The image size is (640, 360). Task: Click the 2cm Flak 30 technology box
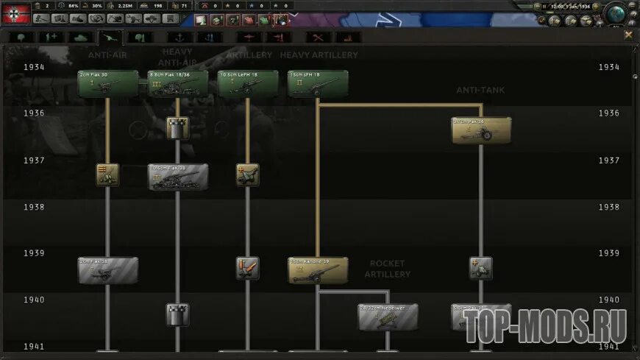tap(107, 84)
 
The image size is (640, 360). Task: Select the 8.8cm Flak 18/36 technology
tap(177, 84)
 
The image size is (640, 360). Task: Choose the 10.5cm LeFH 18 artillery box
tap(248, 84)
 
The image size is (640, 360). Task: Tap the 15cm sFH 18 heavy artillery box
tap(318, 84)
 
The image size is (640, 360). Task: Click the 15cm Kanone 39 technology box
tap(318, 270)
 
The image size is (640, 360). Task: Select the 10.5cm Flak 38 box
tap(177, 177)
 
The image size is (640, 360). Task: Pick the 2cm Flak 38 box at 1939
tap(107, 270)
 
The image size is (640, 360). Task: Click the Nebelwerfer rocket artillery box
tap(388, 317)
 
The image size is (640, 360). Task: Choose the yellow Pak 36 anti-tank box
tap(481, 130)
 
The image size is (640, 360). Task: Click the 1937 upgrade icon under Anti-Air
tap(107, 174)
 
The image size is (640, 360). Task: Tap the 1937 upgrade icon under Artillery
tap(248, 174)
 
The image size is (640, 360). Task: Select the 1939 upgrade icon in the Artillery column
tap(248, 268)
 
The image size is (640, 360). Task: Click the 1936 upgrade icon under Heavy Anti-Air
tap(177, 129)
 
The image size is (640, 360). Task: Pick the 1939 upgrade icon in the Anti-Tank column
tap(481, 268)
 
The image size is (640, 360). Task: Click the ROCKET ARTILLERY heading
tap(388, 269)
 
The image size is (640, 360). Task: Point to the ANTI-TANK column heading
tap(481, 90)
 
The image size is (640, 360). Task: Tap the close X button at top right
tap(628, 35)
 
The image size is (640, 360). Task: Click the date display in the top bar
tap(574, 6)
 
